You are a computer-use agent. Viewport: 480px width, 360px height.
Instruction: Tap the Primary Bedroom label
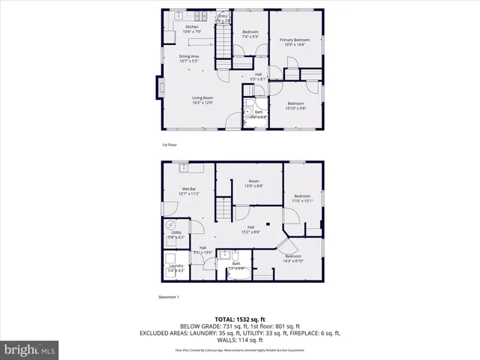point(294,39)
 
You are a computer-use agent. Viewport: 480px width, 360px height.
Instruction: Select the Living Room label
point(202,97)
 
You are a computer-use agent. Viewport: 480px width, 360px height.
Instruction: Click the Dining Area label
point(188,56)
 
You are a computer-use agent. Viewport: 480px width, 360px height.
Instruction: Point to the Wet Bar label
point(188,189)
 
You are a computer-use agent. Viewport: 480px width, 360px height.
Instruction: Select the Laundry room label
point(176,266)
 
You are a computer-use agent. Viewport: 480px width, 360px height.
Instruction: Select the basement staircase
point(223,208)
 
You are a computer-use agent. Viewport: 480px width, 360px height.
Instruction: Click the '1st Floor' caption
point(169,145)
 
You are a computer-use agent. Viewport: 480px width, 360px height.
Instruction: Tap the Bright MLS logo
point(30,350)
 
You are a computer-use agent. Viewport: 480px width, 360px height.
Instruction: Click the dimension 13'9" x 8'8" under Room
point(254,185)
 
